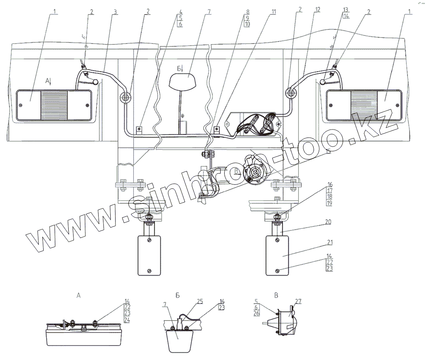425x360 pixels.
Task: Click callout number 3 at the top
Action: tap(116, 12)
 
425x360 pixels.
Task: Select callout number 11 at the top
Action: tap(274, 12)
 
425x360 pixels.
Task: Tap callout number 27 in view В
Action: tap(299, 301)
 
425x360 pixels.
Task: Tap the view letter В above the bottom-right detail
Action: tap(276, 295)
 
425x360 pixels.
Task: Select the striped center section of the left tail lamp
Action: tap(54, 105)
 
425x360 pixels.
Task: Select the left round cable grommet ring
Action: tap(125, 97)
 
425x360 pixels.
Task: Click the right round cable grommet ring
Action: tap(290, 92)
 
